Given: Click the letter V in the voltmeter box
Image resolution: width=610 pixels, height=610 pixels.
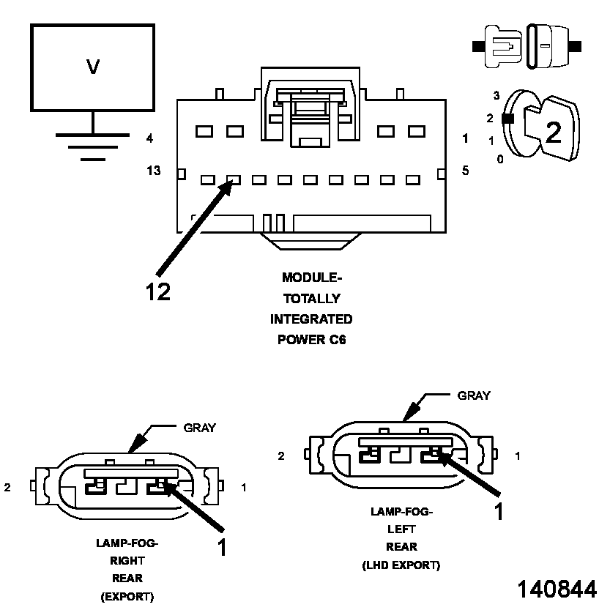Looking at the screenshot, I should pos(93,67).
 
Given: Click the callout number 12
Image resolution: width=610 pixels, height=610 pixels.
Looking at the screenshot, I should pos(157,292).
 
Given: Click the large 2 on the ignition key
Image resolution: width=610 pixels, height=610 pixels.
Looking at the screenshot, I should pos(554,132).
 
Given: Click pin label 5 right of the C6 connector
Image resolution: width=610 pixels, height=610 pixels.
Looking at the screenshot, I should pos(464,171).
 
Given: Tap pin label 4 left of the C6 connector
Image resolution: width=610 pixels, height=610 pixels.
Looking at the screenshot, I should pos(149,138).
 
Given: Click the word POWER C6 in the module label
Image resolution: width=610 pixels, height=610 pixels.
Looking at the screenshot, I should pos(311,340).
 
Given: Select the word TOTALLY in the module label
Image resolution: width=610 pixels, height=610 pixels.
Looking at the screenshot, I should pos(311,299).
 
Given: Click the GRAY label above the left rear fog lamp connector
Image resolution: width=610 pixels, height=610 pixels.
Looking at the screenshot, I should pos(474,395).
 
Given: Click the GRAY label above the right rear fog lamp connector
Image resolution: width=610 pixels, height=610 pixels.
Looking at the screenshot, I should pos(199,428).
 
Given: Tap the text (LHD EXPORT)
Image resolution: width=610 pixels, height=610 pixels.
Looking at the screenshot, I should pos(401,565).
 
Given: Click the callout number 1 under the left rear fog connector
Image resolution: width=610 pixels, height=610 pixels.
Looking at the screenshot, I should pos(499,511).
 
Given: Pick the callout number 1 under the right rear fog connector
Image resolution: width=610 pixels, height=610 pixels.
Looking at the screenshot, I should pos(222,547).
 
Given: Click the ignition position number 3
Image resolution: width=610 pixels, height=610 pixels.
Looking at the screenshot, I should pos(496,96).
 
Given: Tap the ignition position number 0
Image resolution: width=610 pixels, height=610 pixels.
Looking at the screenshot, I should pos(499,158).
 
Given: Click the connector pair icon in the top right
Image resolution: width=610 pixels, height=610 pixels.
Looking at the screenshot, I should pos(527,46).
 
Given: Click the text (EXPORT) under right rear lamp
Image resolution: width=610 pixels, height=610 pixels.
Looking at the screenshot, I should pos(127,597).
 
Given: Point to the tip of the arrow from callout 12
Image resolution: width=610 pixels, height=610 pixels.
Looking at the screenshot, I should pos(233,182).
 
